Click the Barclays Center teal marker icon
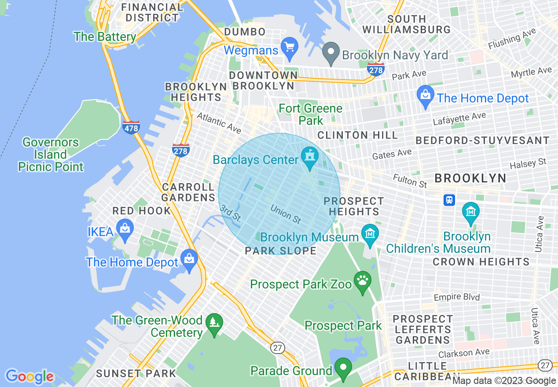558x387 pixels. (x=309, y=157)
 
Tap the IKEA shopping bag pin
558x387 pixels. (x=125, y=229)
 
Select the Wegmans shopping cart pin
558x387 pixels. (x=290, y=47)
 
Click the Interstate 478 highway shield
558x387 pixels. (x=131, y=127)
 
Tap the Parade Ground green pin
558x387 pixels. (x=343, y=368)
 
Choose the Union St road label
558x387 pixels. (x=286, y=214)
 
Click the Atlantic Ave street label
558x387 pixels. (x=219, y=123)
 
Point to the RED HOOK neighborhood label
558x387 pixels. (x=141, y=211)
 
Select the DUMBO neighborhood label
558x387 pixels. (x=245, y=32)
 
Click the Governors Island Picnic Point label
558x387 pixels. (x=51, y=154)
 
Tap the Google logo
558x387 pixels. (x=29, y=376)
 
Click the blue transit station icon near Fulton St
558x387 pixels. (x=449, y=200)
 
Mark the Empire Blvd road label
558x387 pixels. (x=457, y=297)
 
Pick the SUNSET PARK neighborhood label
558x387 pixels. (x=136, y=374)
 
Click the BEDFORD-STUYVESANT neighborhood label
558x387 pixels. (x=483, y=141)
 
